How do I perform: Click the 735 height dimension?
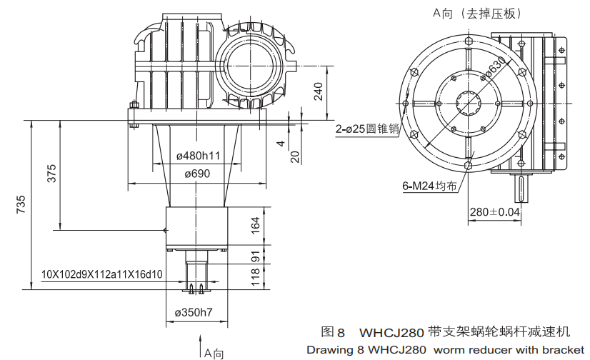(21, 204)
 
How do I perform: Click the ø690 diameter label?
(196, 174)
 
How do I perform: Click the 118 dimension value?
(256, 277)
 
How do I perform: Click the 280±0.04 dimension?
(494, 212)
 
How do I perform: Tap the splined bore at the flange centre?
(471, 105)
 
